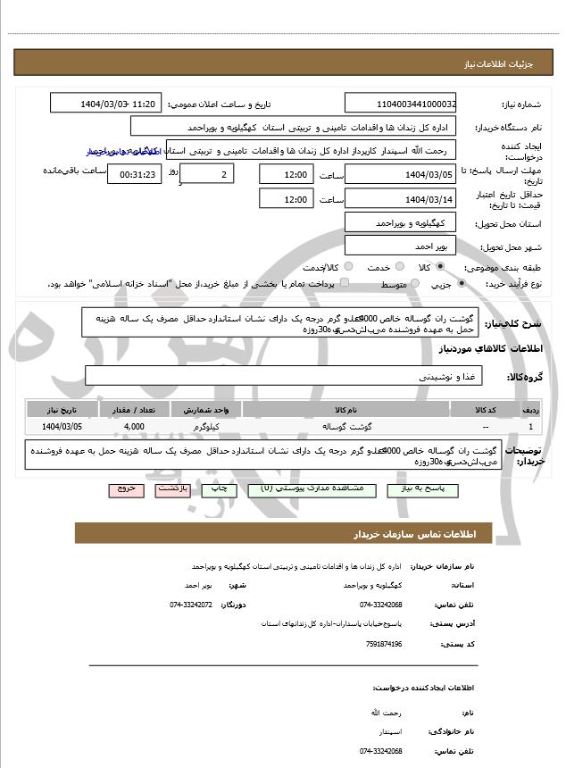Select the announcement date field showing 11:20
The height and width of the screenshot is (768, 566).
click(106, 104)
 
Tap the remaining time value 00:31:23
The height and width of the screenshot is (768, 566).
click(134, 174)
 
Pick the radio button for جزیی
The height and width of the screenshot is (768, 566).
click(461, 284)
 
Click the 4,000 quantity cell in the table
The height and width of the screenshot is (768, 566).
click(134, 427)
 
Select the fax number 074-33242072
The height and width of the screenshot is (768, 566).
click(191, 605)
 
